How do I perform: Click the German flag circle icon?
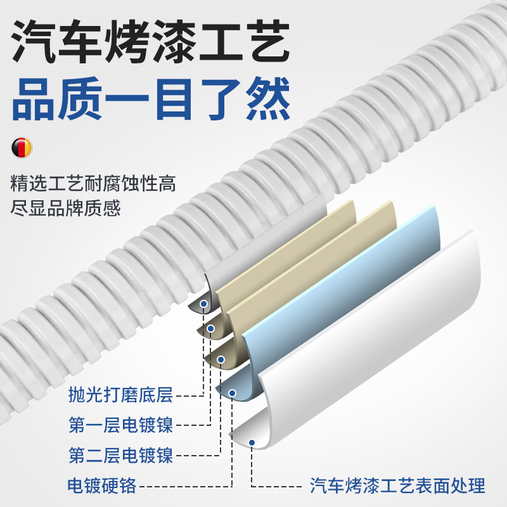(x=22, y=148)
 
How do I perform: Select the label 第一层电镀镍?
(x=120, y=425)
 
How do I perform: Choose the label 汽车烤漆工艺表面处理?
(x=397, y=485)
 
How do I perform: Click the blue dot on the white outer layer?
(x=252, y=443)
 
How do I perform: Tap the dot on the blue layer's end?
(x=232, y=394)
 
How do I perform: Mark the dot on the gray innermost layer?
(x=203, y=304)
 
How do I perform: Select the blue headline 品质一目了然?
(x=151, y=96)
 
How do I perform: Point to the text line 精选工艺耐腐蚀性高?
(x=93, y=185)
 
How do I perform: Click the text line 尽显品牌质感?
(x=66, y=208)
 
